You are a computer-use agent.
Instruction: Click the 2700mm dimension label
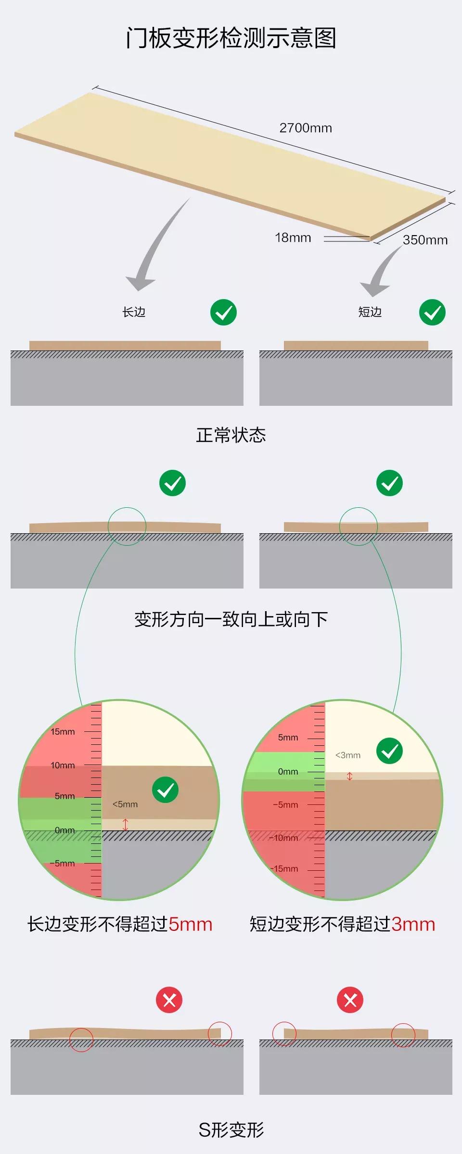306,128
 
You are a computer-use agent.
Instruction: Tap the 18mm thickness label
293,238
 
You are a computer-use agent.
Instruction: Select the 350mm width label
425,240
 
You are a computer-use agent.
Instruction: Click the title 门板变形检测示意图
231,38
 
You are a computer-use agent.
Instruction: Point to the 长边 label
134,312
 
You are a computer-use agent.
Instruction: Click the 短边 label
370,312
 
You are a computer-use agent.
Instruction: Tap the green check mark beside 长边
223,313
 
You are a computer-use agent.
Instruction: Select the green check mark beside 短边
432,313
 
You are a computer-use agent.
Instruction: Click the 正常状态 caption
231,435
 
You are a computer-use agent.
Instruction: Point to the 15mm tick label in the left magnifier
63,732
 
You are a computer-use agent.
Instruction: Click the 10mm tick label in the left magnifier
63,765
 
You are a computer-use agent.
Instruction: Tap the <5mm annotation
125,804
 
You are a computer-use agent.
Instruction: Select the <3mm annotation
347,755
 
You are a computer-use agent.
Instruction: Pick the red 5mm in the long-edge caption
191,924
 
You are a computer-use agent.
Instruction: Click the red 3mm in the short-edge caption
413,924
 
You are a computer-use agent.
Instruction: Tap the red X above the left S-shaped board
169,1000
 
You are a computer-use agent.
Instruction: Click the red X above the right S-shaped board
350,1000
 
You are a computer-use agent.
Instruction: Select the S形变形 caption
231,1130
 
